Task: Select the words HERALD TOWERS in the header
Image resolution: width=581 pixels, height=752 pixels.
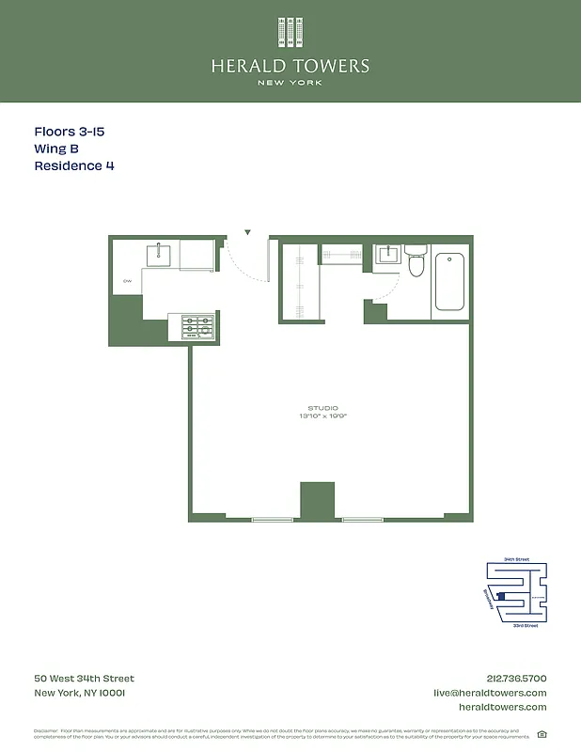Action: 290,66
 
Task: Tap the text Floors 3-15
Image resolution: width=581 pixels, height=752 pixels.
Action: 69,132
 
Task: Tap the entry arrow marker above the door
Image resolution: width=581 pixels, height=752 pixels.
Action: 247,231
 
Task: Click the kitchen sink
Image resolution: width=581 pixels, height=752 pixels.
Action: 158,255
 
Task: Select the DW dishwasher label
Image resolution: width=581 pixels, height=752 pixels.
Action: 126,281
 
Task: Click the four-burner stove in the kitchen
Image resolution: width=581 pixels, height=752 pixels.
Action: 197,326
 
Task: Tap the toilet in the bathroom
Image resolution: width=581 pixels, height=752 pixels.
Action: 416,263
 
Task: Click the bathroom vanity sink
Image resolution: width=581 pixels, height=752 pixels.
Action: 386,255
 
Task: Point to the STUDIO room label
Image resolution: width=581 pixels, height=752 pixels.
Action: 322,408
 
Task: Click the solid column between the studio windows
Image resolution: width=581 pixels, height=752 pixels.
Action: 317,500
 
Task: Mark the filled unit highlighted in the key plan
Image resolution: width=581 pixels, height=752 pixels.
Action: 501,596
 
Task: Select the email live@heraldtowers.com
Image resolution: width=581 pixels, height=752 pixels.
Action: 489,693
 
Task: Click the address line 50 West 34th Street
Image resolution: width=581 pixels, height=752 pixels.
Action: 84,679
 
